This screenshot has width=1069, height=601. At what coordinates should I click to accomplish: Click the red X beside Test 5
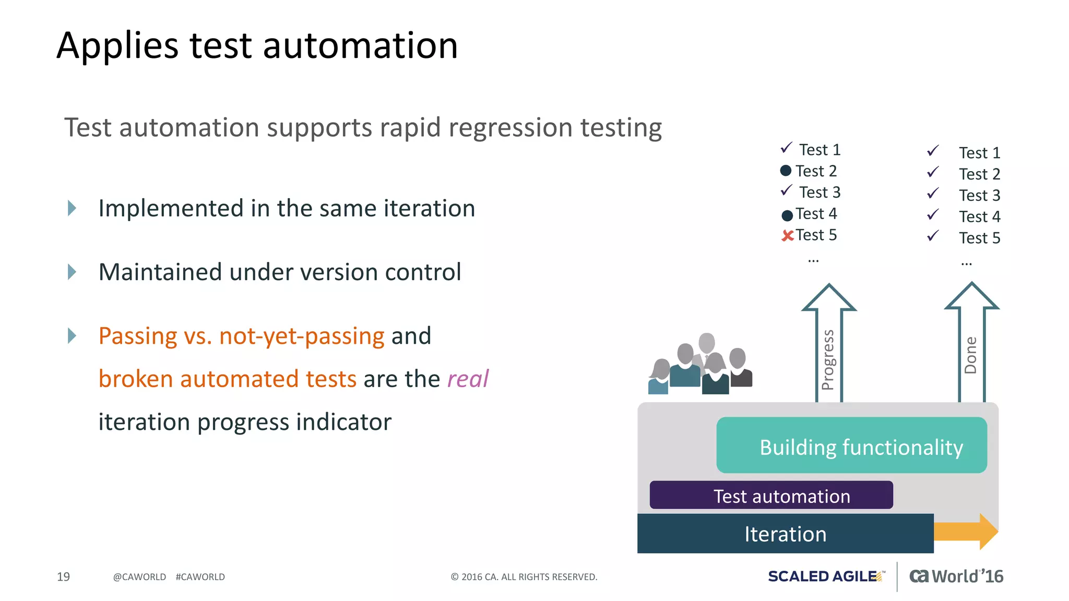pyautogui.click(x=787, y=236)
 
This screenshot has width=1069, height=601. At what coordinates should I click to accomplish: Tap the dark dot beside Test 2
pyautogui.click(x=786, y=171)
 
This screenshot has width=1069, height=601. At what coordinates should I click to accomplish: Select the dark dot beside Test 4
pyautogui.click(x=787, y=215)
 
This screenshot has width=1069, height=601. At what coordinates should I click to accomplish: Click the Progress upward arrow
pyautogui.click(x=829, y=344)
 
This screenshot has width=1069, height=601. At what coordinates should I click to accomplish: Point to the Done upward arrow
pyautogui.click(x=971, y=344)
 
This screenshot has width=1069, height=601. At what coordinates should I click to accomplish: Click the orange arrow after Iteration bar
pyautogui.click(x=966, y=532)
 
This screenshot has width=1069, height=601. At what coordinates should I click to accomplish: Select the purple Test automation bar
pyautogui.click(x=771, y=495)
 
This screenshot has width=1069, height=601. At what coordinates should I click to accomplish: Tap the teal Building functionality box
pyautogui.click(x=851, y=446)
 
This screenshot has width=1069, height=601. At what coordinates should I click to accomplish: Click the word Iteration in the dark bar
pyautogui.click(x=785, y=534)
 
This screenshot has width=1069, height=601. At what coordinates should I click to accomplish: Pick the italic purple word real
pyautogui.click(x=468, y=379)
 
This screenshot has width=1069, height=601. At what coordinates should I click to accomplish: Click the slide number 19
pyautogui.click(x=63, y=576)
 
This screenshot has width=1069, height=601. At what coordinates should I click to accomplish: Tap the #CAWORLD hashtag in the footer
pyautogui.click(x=200, y=577)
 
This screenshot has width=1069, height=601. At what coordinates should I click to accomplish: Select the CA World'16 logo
pyautogui.click(x=956, y=576)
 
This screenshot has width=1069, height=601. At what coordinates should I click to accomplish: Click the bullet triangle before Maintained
pyautogui.click(x=72, y=272)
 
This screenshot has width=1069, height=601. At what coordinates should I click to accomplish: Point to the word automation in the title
pyautogui.click(x=360, y=45)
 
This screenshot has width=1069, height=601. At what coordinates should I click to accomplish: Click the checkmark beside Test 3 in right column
pyautogui.click(x=933, y=194)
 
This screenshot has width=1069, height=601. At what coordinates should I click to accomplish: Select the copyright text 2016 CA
pyautogui.click(x=524, y=577)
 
